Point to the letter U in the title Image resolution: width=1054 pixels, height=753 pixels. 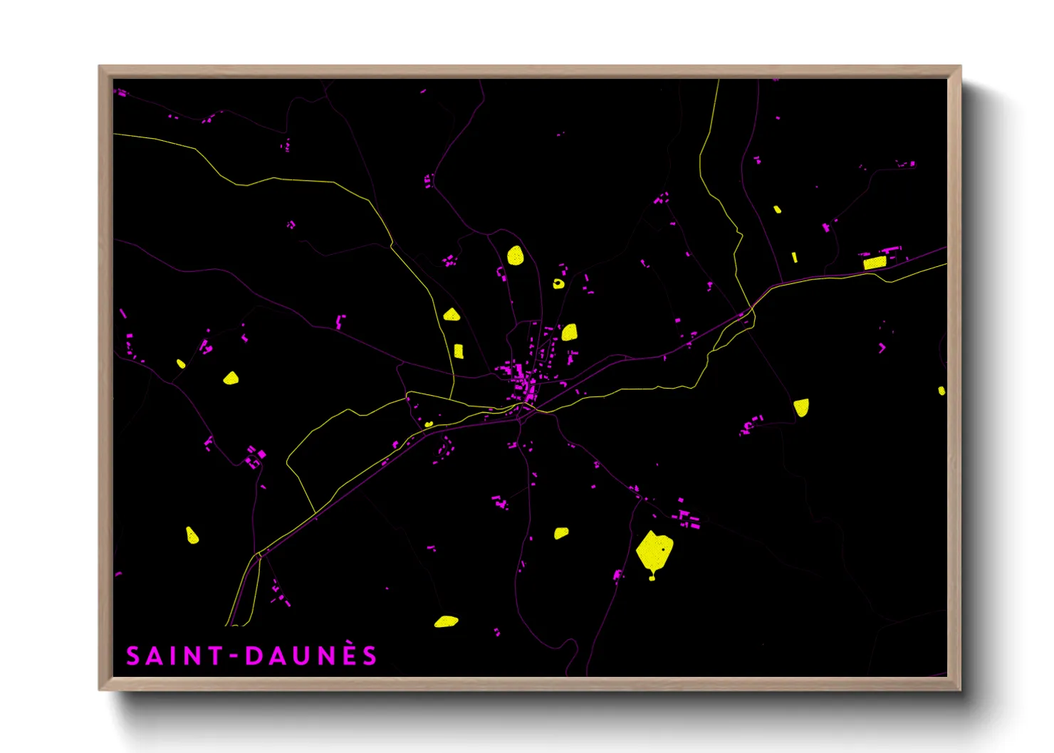click(x=301, y=656)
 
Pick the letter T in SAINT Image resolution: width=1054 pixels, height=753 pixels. click(x=214, y=656)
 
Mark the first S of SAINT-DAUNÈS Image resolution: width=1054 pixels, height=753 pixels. click(x=133, y=656)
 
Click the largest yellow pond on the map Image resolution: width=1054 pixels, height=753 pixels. click(x=654, y=550)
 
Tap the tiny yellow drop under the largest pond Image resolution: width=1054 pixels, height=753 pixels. click(x=652, y=577)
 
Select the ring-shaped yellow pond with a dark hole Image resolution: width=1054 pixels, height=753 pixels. click(x=558, y=284)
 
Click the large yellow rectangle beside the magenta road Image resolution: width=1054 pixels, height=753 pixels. click(x=875, y=263)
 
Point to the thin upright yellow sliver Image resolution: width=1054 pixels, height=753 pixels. click(x=795, y=257)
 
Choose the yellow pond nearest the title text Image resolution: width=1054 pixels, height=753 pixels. click(x=446, y=621)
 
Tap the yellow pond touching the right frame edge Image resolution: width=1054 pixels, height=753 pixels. click(x=941, y=391)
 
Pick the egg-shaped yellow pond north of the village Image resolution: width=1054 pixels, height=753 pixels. click(x=516, y=255)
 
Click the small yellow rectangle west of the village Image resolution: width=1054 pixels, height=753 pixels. click(x=459, y=351)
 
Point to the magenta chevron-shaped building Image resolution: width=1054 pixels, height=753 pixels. click(x=882, y=348)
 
